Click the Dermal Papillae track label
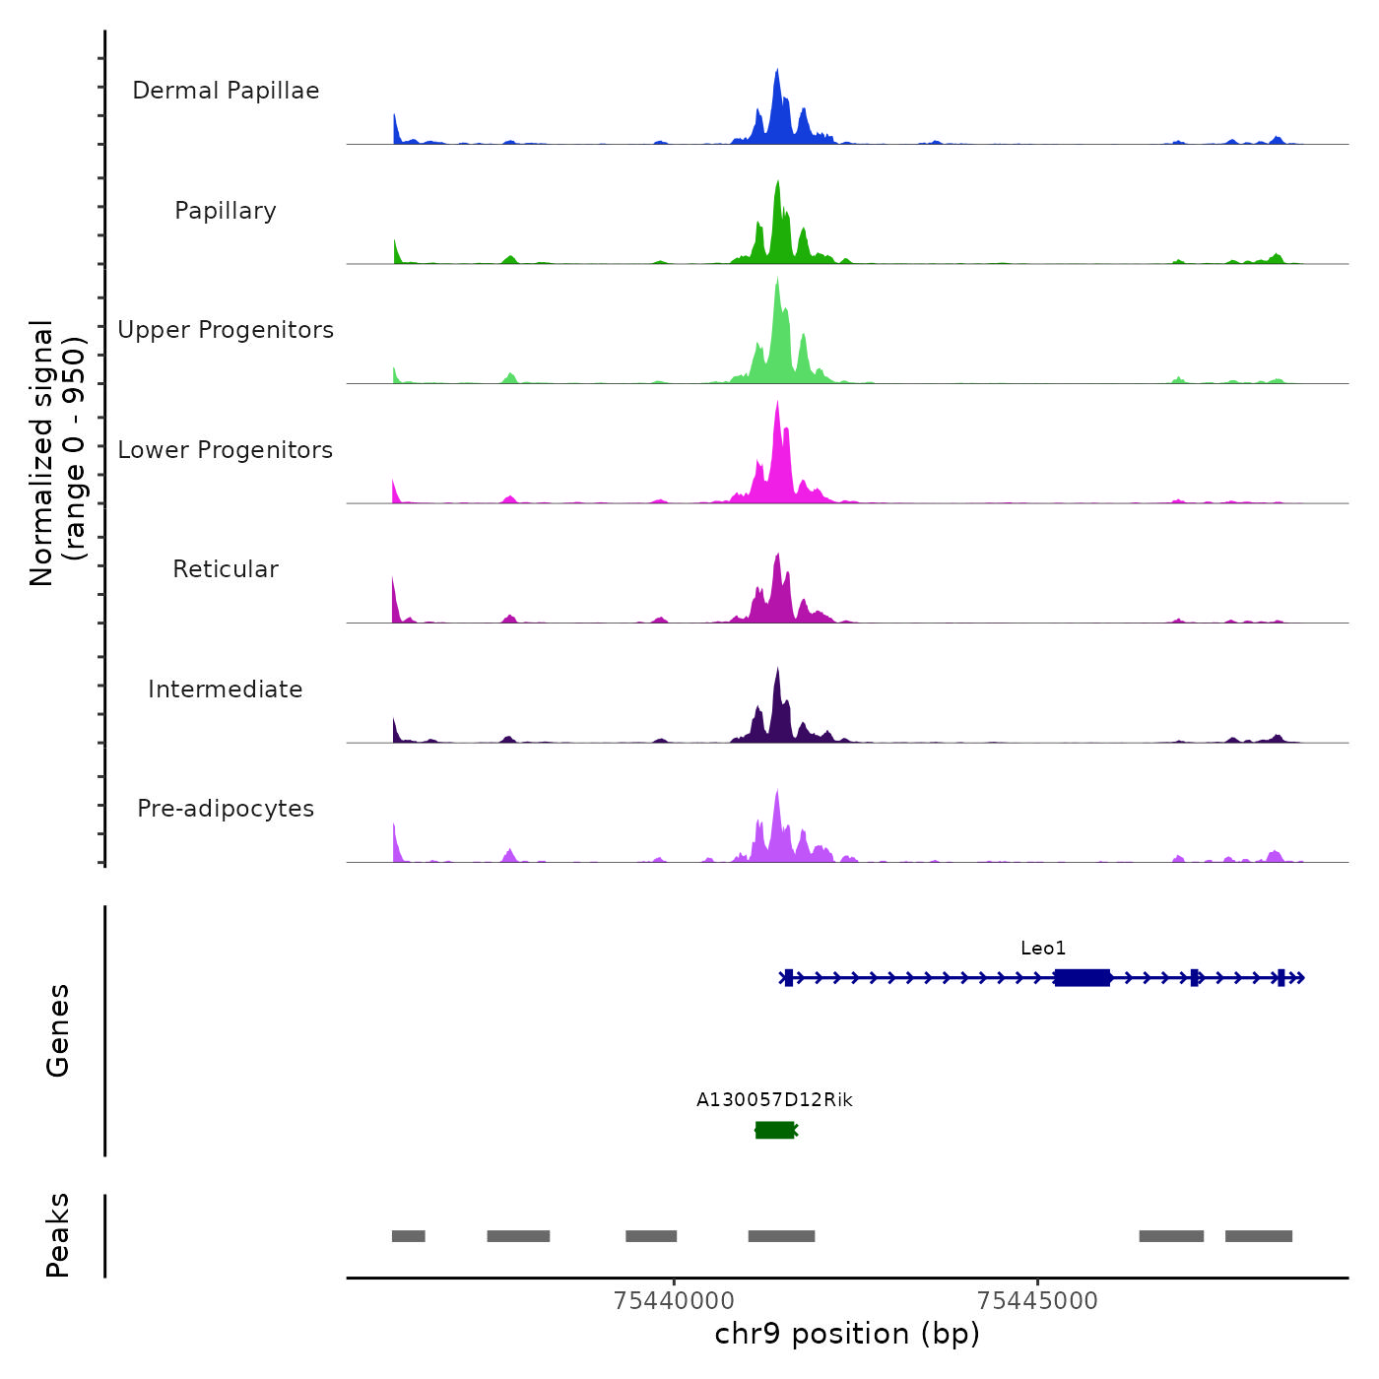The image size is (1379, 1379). pos(226,91)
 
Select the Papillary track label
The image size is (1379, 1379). pos(226,211)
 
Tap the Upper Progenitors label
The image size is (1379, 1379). pos(226,330)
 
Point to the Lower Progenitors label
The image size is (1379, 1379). pos(226,450)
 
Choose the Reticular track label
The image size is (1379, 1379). pos(226,569)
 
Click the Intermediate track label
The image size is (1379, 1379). pos(226,689)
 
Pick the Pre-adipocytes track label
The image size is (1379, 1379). pos(226,809)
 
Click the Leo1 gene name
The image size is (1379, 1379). pos(1043,949)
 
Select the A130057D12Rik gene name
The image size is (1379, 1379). pos(774,1100)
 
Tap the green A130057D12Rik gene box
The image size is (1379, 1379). pos(774,1130)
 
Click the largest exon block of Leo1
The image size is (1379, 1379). pos(1083,977)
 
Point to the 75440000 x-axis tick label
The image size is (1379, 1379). pos(674,1301)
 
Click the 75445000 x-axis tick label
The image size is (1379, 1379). pos(1037,1301)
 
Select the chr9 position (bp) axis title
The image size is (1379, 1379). pos(847,1334)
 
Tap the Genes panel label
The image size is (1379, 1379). pos(58,1030)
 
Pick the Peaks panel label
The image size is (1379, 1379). pos(58,1235)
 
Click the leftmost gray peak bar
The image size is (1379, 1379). pos(408,1236)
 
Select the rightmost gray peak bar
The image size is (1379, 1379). pos(1258,1236)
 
